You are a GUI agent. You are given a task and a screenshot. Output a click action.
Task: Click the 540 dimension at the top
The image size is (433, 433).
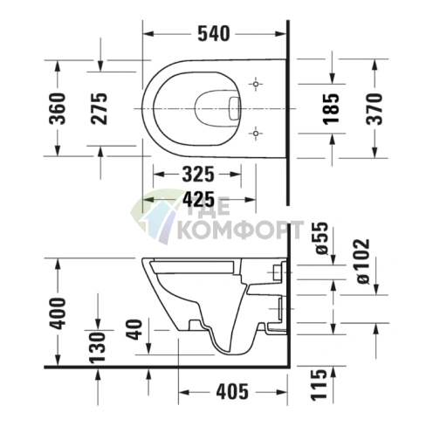213,34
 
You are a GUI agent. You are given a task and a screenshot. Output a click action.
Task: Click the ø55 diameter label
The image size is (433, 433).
320,239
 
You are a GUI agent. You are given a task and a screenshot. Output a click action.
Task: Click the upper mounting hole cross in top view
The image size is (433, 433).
254,84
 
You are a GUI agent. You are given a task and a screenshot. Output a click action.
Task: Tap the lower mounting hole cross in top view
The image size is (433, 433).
254,133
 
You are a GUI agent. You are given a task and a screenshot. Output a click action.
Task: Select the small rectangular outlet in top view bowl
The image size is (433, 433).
232,108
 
